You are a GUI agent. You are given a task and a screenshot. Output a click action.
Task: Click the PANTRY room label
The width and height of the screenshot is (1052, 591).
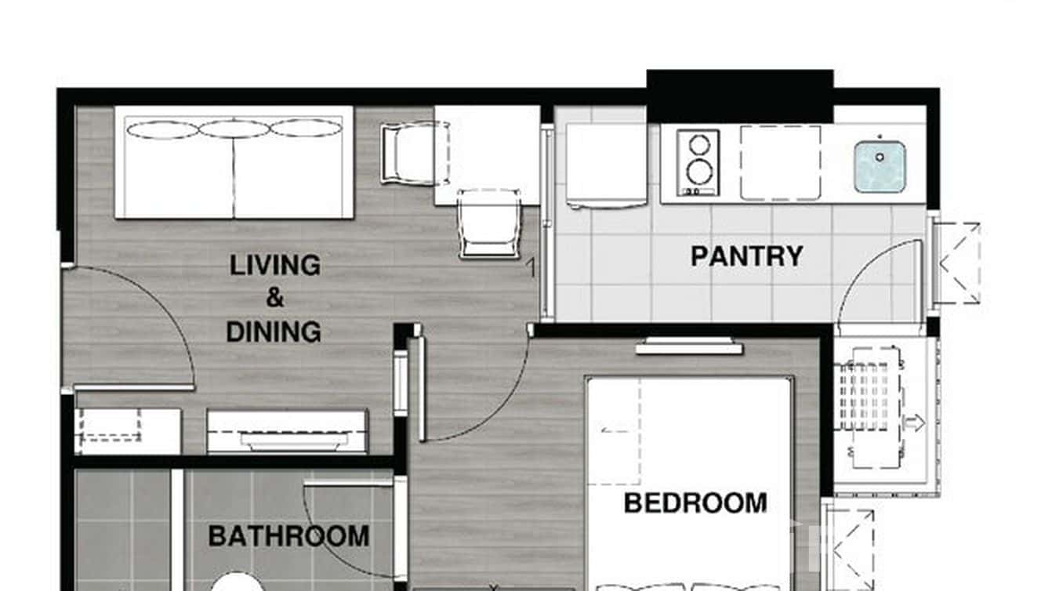point(746,256)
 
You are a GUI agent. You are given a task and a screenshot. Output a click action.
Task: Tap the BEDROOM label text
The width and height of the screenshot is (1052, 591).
point(695,503)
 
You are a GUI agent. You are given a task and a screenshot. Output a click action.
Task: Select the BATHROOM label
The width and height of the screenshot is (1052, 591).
point(288,537)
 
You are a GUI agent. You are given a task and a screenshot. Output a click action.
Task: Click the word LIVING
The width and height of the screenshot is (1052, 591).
point(274,265)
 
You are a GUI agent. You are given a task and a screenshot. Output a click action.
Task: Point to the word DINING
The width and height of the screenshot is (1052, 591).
point(274,332)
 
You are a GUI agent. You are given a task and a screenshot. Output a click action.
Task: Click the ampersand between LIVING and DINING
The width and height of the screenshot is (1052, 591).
point(274,299)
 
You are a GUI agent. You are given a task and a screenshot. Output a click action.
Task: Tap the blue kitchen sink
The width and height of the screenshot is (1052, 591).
point(880,165)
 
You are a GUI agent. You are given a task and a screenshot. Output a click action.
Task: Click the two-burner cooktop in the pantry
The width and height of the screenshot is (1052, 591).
point(698,163)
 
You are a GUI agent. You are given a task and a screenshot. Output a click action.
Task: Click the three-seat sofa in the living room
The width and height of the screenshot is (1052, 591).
point(234,162)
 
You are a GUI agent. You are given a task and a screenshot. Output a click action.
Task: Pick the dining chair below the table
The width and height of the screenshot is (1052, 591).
point(489,224)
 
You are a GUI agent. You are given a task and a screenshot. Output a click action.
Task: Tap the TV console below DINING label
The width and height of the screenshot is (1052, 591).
point(287,431)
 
